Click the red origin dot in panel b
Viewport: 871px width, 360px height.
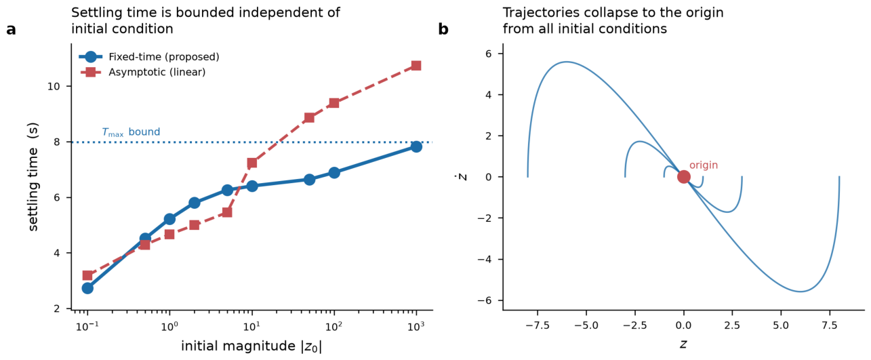pos(683,177)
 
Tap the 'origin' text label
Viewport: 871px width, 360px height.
pos(704,165)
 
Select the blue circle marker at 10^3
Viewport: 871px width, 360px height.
pos(416,146)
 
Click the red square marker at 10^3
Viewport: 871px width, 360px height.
pos(416,65)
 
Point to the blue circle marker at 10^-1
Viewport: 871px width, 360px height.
pos(87,288)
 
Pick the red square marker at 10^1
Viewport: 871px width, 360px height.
pos(252,163)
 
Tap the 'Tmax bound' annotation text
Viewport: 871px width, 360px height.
pos(131,132)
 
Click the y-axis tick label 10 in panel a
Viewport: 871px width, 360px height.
pos(54,86)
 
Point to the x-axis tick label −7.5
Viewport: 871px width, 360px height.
pos(538,325)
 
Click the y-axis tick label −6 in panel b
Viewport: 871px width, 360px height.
pos(486,300)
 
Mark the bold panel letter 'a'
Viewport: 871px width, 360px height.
pos(11,30)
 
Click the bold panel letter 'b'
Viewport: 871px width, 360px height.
pos(443,28)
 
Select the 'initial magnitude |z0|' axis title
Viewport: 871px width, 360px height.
pos(251,346)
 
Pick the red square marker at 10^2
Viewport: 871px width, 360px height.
pos(334,103)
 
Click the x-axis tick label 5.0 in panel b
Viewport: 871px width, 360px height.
pos(781,325)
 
